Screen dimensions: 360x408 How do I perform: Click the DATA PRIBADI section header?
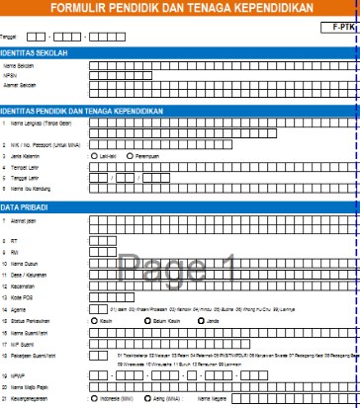[31, 206]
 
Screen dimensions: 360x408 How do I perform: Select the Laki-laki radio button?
[92, 156]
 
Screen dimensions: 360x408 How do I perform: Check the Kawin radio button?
[92, 320]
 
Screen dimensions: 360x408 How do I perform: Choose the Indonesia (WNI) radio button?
[92, 399]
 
